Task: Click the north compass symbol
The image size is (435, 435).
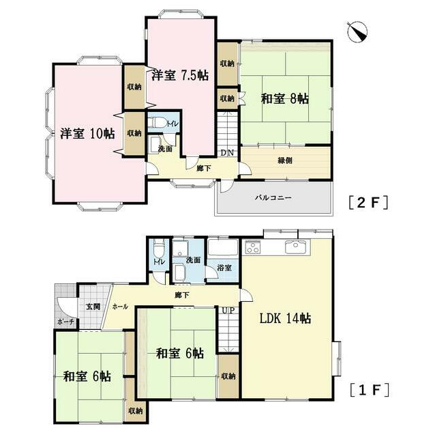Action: tap(357, 31)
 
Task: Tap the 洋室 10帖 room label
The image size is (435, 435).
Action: tap(88, 134)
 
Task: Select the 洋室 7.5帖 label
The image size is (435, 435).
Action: tap(180, 75)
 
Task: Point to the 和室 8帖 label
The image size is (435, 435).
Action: tap(285, 99)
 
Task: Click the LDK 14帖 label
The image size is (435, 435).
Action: tap(285, 318)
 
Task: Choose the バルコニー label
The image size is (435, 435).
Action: tap(273, 198)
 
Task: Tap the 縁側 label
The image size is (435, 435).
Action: tap(285, 160)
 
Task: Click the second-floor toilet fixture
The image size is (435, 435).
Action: tap(157, 123)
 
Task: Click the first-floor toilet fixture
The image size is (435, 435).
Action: tap(159, 249)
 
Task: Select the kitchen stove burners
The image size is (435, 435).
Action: tap(253, 247)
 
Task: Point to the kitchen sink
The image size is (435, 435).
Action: tap(295, 247)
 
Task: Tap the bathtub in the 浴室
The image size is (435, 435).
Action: tap(223, 247)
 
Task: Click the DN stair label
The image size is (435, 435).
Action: tap(227, 152)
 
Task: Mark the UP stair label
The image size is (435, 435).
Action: tap(228, 310)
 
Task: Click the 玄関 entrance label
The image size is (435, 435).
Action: tap(93, 307)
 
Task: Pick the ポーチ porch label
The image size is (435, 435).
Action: tap(65, 322)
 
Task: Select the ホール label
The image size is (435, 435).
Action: tap(120, 307)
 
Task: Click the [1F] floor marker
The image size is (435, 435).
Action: tap(369, 390)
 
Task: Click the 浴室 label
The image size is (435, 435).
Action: tap(224, 268)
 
